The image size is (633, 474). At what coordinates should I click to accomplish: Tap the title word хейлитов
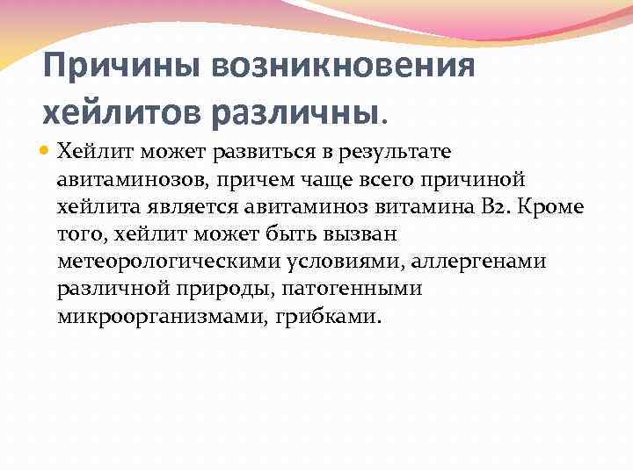coord(123,112)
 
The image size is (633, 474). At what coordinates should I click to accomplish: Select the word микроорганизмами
coord(157,315)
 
